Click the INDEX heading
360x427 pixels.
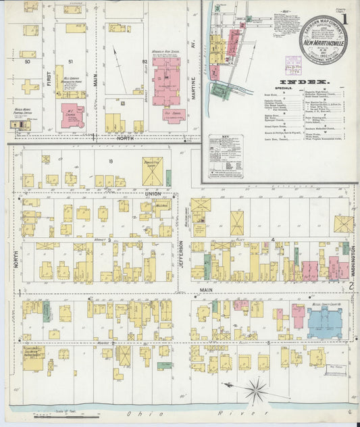(x=315, y=82)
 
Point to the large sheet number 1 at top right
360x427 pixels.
(x=345, y=20)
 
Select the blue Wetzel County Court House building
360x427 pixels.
(x=328, y=323)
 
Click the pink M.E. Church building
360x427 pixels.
(x=72, y=116)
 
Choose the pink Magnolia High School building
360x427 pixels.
(x=165, y=84)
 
